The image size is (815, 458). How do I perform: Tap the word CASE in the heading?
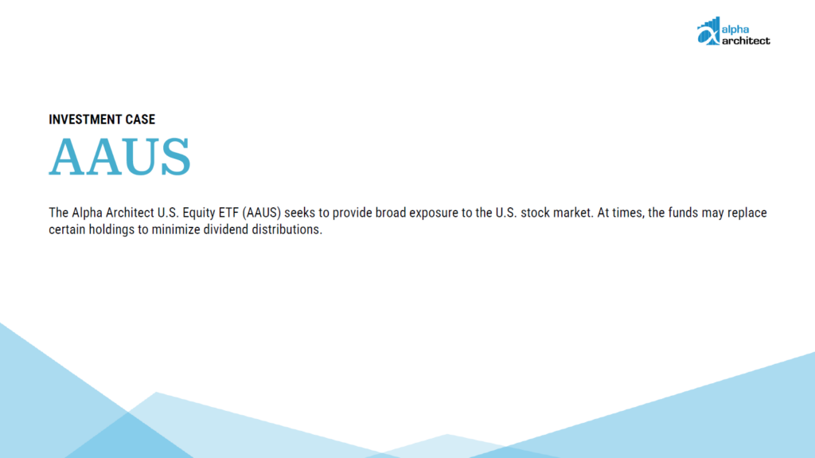pyautogui.click(x=140, y=119)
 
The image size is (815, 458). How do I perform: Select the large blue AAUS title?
pyautogui.click(x=120, y=157)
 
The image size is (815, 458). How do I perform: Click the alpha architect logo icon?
pyautogui.click(x=708, y=31)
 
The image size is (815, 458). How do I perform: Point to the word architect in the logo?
pyautogui.click(x=746, y=41)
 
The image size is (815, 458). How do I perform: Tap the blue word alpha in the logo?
pyautogui.click(x=735, y=29)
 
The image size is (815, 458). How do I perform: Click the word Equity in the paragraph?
pyautogui.click(x=198, y=213)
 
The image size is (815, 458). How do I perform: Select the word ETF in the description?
pyautogui.click(x=228, y=213)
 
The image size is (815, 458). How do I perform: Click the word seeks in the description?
pyautogui.click(x=300, y=213)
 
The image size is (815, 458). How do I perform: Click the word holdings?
pyautogui.click(x=111, y=230)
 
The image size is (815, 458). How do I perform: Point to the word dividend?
pyautogui.click(x=225, y=229)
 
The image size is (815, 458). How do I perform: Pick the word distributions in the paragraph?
pyautogui.click(x=286, y=229)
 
